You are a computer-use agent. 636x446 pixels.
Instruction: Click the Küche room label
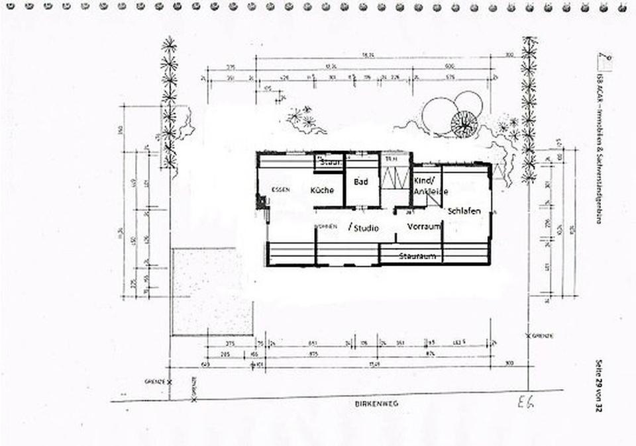click(x=323, y=190)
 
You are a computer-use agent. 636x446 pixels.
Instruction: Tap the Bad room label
click(x=360, y=181)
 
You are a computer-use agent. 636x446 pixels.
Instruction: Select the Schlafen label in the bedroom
click(x=464, y=211)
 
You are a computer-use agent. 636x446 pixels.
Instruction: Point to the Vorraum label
click(x=424, y=226)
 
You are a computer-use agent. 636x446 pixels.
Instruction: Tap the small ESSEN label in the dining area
click(x=280, y=190)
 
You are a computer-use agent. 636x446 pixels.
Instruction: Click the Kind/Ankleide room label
click(x=428, y=186)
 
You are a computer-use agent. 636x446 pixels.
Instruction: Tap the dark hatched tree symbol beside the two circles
click(x=464, y=123)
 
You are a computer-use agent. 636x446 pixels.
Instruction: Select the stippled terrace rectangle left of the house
click(x=213, y=292)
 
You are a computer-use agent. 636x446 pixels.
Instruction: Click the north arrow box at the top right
click(x=604, y=60)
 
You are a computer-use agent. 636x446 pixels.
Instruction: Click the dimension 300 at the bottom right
click(x=509, y=363)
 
